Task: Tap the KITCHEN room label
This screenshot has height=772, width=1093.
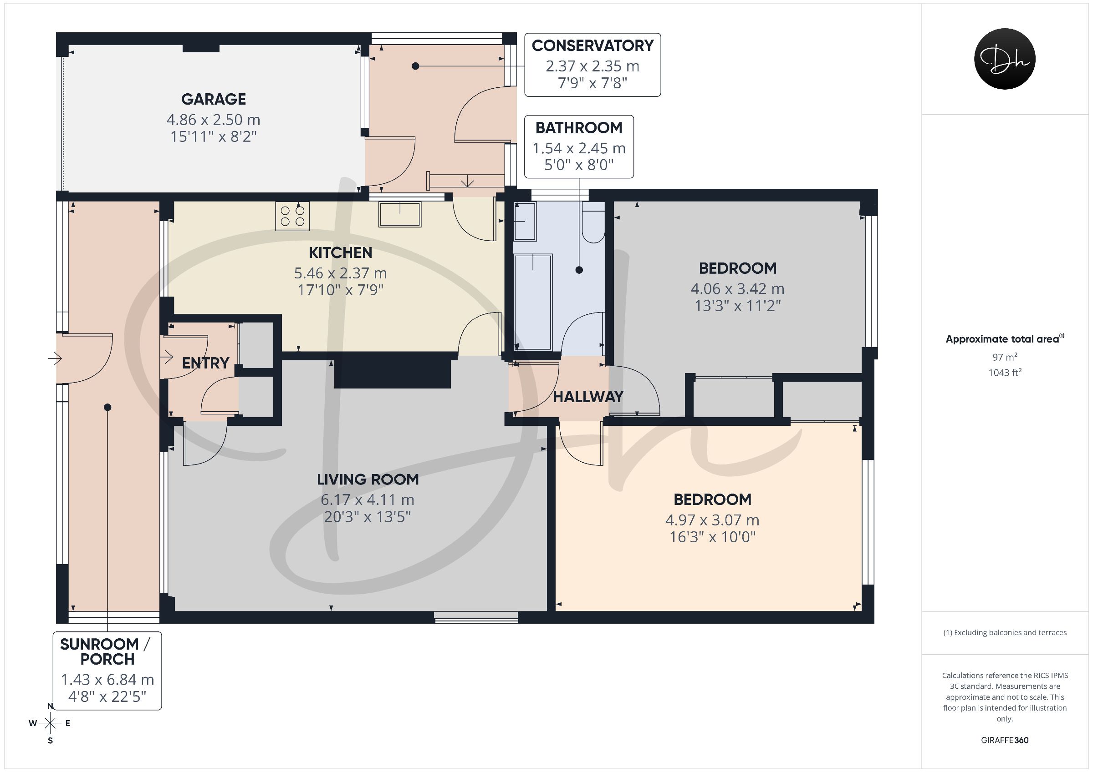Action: [x=340, y=252]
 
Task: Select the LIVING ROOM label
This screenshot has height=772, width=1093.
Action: [x=368, y=479]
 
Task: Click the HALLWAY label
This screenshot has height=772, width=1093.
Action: [x=588, y=397]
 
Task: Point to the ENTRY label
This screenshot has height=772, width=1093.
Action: [x=206, y=363]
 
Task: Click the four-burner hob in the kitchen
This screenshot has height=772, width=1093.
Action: [x=292, y=217]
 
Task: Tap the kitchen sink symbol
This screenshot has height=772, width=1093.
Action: [x=400, y=214]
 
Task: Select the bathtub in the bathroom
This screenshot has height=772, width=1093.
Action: [x=533, y=303]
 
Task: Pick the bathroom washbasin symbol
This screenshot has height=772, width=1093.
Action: [x=526, y=221]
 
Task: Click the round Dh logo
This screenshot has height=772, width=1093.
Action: [x=1005, y=59]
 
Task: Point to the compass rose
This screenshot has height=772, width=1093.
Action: [x=50, y=723]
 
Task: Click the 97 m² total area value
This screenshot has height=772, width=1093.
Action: [x=1005, y=357]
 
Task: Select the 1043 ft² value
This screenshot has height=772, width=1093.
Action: [x=1005, y=373]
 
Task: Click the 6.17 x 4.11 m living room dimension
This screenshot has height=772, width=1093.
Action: [x=368, y=500]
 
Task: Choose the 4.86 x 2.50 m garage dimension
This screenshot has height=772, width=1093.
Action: [x=213, y=119]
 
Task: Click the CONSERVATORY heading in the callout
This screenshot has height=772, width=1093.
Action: [x=592, y=45]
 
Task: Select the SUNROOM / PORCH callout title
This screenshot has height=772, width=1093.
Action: [x=106, y=651]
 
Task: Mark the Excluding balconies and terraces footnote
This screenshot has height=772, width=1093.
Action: [x=1005, y=633]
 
